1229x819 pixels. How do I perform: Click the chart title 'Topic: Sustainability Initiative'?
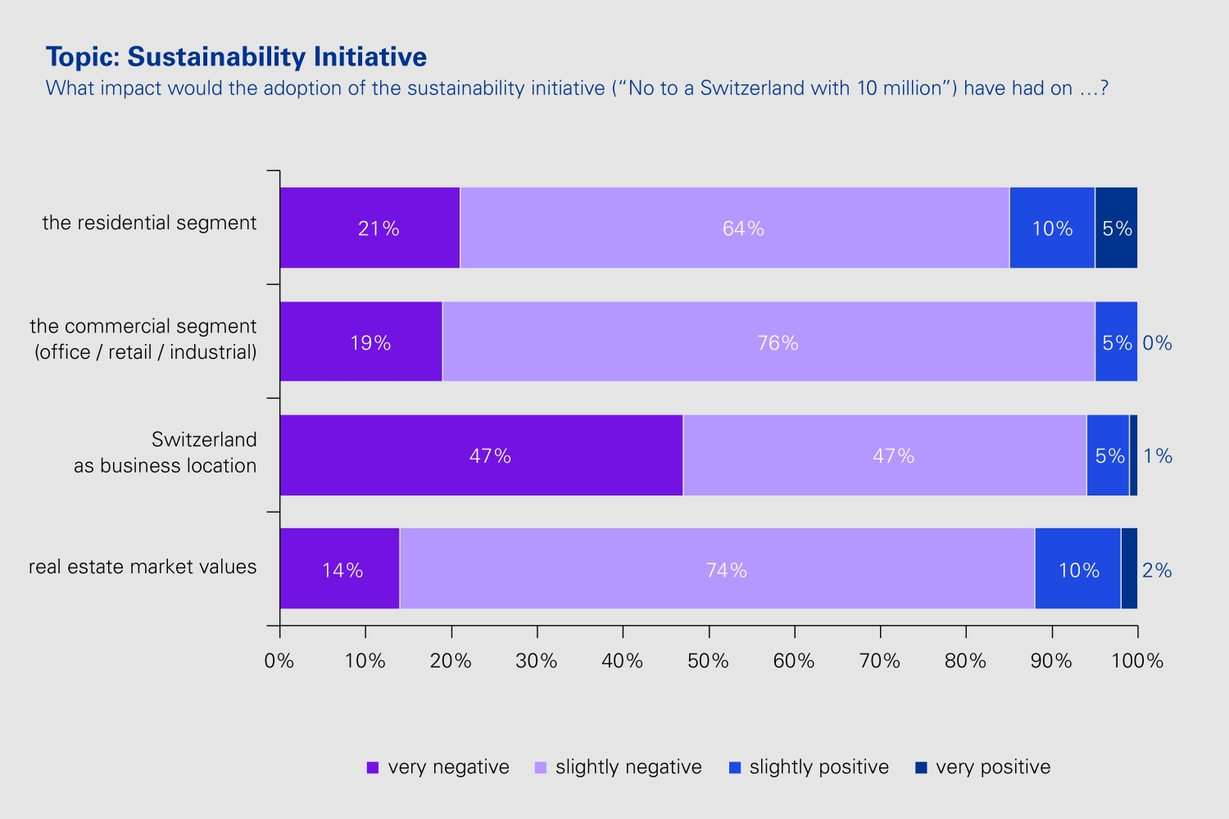coord(236,57)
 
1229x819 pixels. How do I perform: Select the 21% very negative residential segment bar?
coord(370,228)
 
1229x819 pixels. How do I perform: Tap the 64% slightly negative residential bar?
coord(735,228)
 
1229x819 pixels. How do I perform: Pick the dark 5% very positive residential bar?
coord(1116,228)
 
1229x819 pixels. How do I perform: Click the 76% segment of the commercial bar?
coord(769,342)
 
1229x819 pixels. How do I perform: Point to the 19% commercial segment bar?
coord(361,342)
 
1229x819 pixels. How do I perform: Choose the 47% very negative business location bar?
coord(481,455)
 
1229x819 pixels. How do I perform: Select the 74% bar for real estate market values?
coord(717,568)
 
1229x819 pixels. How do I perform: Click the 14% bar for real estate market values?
coord(340,568)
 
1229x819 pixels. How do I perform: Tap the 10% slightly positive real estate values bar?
coord(1077,568)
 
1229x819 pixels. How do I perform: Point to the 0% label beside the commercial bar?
coord(1157,343)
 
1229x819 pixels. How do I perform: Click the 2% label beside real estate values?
coord(1157,571)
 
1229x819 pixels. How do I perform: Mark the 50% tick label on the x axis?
coord(708,661)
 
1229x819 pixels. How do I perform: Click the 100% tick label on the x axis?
coord(1137,661)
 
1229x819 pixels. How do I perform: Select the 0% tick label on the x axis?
coord(279,661)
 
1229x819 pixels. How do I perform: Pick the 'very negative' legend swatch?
coord(373,767)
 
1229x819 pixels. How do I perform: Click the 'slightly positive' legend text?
coord(819,767)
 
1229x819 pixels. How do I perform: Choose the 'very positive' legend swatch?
coord(921,767)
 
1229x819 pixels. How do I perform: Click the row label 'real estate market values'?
coord(143,567)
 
